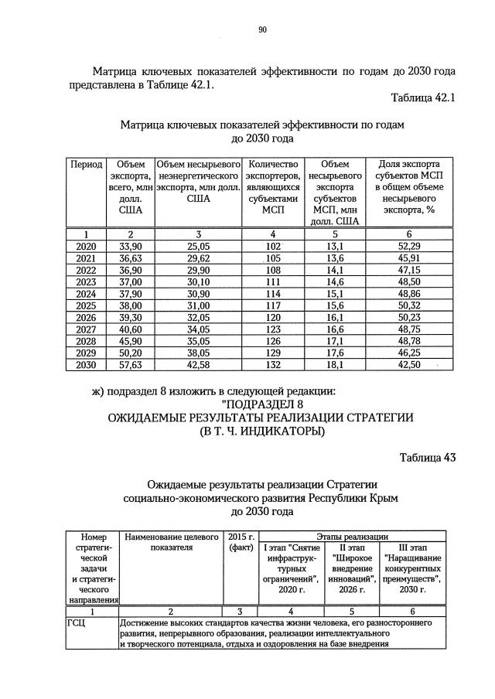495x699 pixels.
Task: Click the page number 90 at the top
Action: pos(262,29)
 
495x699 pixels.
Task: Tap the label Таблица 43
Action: pos(428,457)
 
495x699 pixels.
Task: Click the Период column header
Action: pos(87,165)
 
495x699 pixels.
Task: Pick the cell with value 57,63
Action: pos(130,365)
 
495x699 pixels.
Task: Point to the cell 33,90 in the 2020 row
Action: pos(130,245)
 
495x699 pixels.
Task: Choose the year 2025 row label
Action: pos(87,305)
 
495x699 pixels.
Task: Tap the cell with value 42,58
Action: pos(198,365)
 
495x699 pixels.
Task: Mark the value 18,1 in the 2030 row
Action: pos(336,365)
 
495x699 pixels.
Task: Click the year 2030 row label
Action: pos(87,365)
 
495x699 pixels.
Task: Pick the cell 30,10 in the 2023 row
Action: pos(198,281)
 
